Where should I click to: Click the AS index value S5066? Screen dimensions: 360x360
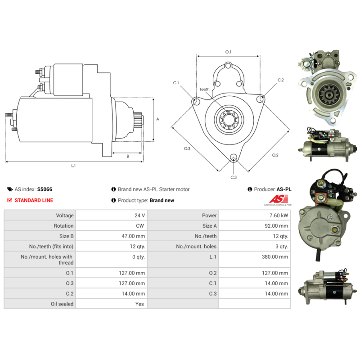(x=45, y=189)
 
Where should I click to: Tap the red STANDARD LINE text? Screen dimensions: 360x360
(x=34, y=200)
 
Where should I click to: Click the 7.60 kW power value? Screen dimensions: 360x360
(x=279, y=216)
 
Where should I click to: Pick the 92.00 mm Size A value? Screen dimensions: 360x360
(x=276, y=226)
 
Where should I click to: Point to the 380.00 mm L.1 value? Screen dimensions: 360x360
(x=275, y=256)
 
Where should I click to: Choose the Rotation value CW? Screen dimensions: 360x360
(x=140, y=226)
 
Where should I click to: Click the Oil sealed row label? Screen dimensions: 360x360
(x=62, y=304)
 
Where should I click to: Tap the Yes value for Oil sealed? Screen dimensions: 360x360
(x=139, y=304)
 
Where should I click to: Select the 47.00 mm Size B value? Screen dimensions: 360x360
(x=133, y=236)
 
